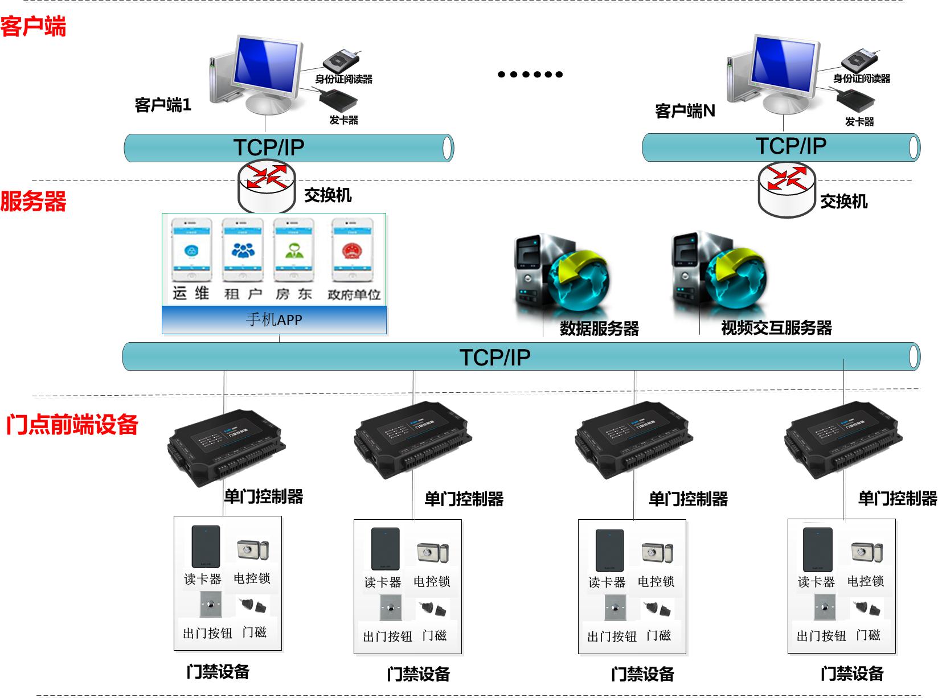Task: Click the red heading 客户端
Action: click(x=33, y=27)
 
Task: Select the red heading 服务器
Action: click(x=33, y=201)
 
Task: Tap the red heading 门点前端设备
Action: click(x=72, y=425)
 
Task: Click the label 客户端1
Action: click(x=163, y=105)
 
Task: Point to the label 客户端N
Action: click(x=685, y=110)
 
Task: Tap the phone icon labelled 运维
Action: click(x=191, y=251)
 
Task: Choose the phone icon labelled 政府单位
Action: click(x=352, y=251)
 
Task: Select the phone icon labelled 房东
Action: click(x=294, y=251)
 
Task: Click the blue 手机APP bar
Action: click(x=274, y=320)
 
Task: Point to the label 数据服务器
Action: click(x=599, y=329)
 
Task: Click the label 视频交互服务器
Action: click(x=776, y=328)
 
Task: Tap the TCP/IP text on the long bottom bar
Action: click(x=494, y=358)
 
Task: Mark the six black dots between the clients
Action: click(x=530, y=74)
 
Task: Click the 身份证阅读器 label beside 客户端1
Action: click(x=343, y=79)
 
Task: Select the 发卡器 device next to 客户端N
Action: click(x=855, y=102)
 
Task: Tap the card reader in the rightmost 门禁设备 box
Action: click(x=817, y=549)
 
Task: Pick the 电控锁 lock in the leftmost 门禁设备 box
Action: click(x=252, y=550)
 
